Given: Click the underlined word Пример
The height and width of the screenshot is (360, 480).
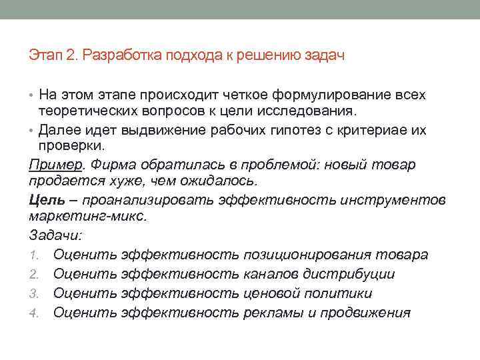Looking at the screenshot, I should point(51,164).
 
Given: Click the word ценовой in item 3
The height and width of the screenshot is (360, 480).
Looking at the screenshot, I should point(272,293).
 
